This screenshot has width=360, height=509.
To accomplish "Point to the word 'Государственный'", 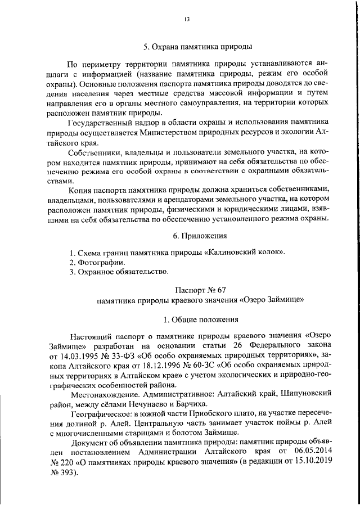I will [99, 123].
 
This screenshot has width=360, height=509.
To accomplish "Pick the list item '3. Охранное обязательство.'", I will [119, 272].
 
